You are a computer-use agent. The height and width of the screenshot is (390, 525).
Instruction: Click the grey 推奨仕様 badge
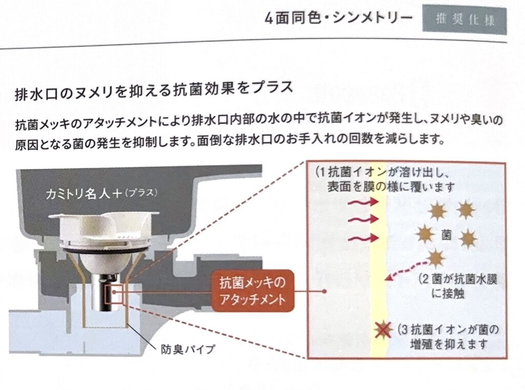pyautogui.click(x=465, y=19)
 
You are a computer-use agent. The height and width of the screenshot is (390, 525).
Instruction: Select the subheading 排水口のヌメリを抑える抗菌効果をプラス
pyautogui.click(x=154, y=91)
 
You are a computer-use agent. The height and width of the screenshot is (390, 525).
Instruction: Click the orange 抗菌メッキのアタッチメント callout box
pyautogui.click(x=252, y=291)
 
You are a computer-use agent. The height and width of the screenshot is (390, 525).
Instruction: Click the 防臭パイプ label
pyautogui.click(x=188, y=349)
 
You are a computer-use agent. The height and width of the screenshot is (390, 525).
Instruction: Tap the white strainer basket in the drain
pyautogui.click(x=104, y=234)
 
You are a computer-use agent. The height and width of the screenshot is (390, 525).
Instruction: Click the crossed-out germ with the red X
pyautogui.click(x=382, y=330)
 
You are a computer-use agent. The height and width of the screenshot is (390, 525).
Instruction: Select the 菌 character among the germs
pyautogui.click(x=446, y=234)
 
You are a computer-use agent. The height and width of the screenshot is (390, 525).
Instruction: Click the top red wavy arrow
pyautogui.click(x=364, y=202)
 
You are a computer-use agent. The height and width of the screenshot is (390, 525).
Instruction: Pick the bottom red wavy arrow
pyautogui.click(x=364, y=238)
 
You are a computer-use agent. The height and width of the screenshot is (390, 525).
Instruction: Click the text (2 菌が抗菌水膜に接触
pyautogui.click(x=457, y=286)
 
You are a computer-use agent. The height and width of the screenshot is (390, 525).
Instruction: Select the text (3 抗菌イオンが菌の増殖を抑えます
pyautogui.click(x=448, y=337)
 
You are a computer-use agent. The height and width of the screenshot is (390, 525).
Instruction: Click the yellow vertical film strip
pyautogui.click(x=379, y=261)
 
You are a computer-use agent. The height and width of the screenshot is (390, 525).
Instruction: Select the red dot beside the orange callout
pyautogui.click(x=324, y=291)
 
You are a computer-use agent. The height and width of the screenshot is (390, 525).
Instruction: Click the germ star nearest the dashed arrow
pyautogui.click(x=436, y=258)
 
